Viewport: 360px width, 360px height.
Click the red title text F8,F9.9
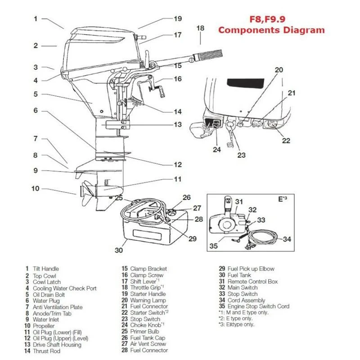tap(271, 19)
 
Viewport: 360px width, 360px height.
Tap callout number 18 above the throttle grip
tap(200, 28)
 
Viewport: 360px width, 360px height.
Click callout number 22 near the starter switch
tap(287, 140)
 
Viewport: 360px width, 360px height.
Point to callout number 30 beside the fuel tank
tap(119, 251)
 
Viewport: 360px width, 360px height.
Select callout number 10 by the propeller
tap(36, 188)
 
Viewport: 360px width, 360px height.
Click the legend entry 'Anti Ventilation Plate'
tap(58, 307)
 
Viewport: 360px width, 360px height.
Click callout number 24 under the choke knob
tap(217, 149)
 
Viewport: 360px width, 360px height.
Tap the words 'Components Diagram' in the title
tap(271, 30)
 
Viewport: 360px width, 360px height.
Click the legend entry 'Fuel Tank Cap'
tap(148, 337)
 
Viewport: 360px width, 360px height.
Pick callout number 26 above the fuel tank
tap(187, 197)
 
